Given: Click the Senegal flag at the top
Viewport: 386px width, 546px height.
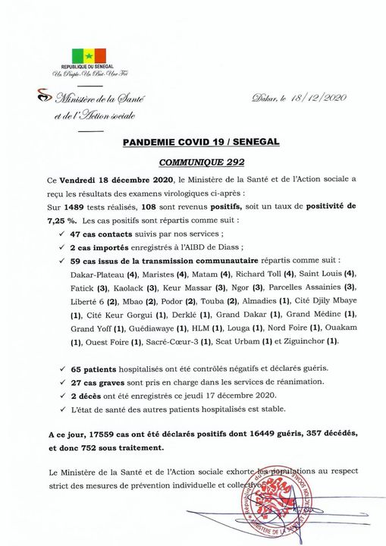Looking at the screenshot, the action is click(x=83, y=55).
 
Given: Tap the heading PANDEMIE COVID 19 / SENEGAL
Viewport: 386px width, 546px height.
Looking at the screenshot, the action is click(x=193, y=142).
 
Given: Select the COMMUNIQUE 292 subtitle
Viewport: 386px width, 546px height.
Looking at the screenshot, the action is click(x=193, y=162).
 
